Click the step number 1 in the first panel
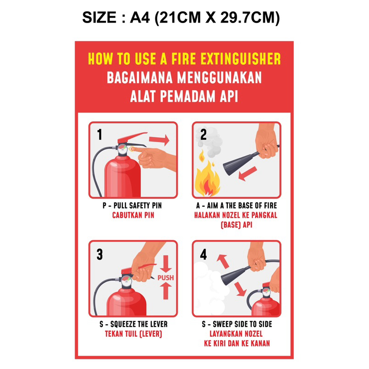(100, 135)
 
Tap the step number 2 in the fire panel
(203, 135)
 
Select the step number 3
(100, 255)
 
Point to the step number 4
(203, 255)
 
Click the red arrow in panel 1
(159, 140)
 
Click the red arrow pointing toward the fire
(247, 174)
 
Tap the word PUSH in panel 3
(166, 278)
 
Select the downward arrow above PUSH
(166, 264)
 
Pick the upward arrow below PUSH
(166, 291)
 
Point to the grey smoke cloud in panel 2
(209, 142)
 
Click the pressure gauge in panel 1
(122, 149)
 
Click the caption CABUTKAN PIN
(133, 215)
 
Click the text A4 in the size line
(140, 18)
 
